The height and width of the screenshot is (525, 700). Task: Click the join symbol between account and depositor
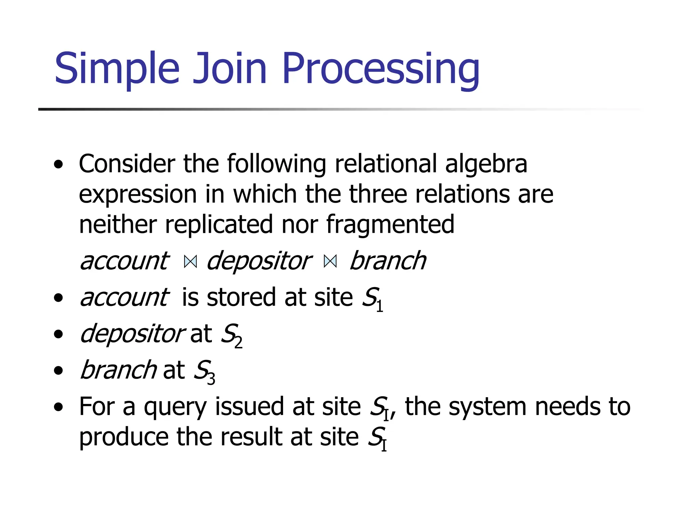(x=190, y=262)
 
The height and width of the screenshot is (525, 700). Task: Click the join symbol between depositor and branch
(x=330, y=262)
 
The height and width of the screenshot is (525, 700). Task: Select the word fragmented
(x=390, y=225)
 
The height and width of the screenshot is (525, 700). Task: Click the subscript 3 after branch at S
(x=211, y=379)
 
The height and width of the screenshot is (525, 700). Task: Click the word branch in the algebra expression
(x=388, y=261)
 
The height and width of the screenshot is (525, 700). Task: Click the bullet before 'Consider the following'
(x=58, y=164)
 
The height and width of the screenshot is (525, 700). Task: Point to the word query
(x=175, y=407)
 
